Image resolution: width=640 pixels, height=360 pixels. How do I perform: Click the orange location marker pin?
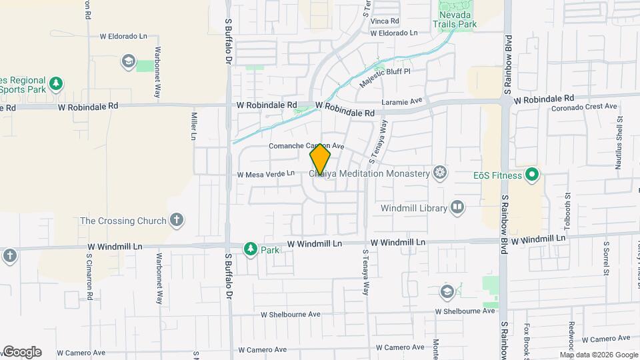pos(320,159)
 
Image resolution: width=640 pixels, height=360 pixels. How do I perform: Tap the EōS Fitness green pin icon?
pos(531,176)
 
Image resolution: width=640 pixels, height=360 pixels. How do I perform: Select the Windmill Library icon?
pos(457,207)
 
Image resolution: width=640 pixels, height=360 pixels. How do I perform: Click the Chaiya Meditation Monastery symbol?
pos(439,173)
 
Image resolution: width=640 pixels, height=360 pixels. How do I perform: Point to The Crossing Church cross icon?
pos(177,220)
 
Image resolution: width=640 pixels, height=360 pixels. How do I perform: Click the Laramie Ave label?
pos(403,102)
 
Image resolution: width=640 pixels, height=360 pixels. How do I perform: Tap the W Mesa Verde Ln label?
pos(265,174)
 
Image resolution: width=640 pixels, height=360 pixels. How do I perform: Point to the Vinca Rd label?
pos(385,21)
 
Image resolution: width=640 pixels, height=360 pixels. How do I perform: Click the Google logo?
pos(21,352)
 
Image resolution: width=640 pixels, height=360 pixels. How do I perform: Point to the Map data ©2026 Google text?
pos(599,355)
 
